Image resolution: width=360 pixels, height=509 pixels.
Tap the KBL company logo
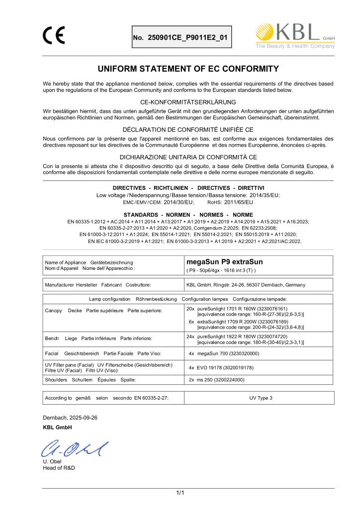click(x=294, y=36)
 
